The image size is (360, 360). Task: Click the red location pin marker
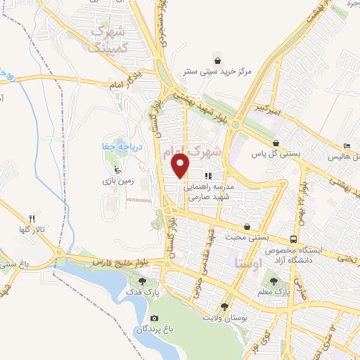pyautogui.click(x=181, y=166)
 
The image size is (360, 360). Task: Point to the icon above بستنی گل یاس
pyautogui.click(x=276, y=142)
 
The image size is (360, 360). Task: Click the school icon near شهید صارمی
pyautogui.click(x=208, y=175)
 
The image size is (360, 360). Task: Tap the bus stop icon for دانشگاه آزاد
pyautogui.click(x=293, y=238)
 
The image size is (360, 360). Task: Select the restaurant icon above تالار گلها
pyautogui.click(x=32, y=219)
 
